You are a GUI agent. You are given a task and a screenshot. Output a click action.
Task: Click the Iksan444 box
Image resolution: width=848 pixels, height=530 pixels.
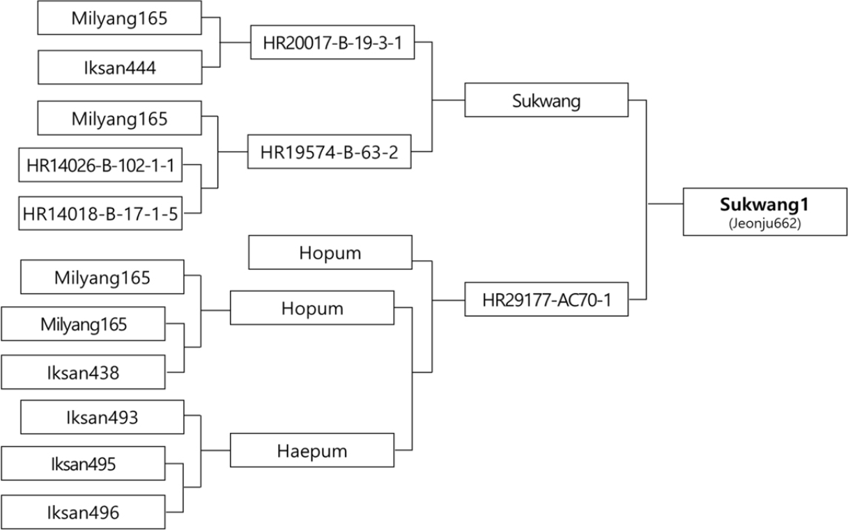tap(120, 68)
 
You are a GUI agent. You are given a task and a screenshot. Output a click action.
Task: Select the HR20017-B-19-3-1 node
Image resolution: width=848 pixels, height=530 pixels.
tap(332, 43)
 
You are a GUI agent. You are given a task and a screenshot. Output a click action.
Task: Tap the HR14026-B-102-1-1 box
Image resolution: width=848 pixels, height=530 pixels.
tap(100, 165)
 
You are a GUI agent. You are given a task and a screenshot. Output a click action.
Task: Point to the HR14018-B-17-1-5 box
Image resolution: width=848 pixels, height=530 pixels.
tap(100, 213)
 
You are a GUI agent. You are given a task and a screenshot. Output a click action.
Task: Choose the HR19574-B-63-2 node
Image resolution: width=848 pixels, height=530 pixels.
tap(330, 151)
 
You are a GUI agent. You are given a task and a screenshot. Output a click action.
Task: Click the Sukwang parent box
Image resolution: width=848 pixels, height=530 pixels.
tap(546, 100)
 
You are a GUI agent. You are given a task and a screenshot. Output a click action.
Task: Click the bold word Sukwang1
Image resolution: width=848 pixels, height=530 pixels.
tap(764, 204)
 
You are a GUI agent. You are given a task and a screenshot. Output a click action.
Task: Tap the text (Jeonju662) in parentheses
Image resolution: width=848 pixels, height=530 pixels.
tap(764, 223)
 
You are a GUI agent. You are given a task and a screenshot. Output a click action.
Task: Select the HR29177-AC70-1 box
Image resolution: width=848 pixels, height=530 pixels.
tap(546, 299)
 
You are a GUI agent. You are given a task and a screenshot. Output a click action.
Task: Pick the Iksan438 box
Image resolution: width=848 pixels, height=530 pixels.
tap(83, 372)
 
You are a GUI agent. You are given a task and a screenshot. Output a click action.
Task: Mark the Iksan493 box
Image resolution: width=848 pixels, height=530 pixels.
tap(102, 417)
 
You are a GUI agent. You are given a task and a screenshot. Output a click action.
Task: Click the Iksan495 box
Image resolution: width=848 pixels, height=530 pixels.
tap(83, 463)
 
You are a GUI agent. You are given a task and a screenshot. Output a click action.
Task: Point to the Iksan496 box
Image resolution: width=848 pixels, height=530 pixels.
tap(83, 512)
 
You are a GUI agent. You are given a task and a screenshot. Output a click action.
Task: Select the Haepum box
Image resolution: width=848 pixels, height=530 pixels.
tap(312, 450)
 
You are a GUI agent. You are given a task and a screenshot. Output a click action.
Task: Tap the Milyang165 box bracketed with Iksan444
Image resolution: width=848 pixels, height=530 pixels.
tap(119, 18)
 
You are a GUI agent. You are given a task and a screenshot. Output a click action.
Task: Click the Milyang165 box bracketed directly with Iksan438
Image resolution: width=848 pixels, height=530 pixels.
tap(83, 324)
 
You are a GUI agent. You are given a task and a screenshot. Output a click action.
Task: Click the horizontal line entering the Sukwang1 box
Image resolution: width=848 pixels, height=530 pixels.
tap(665, 204)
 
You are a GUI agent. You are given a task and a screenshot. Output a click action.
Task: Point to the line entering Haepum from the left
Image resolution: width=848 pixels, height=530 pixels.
tap(215, 450)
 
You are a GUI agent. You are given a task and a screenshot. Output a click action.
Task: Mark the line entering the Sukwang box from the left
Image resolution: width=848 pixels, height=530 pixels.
tap(449, 100)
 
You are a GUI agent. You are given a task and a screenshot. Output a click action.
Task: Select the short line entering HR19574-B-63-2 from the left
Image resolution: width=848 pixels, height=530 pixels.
tap(233, 152)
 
